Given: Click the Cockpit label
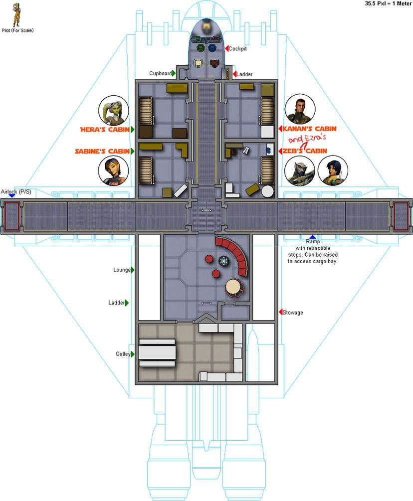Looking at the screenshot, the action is point(237,48).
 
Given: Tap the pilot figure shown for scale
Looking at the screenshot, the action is point(16,14).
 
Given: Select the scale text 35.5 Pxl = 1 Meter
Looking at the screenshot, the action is point(389,3).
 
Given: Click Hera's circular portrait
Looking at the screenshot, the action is point(114,111).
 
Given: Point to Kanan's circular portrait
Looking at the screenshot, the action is point(300,109).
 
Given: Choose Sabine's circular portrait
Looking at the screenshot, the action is point(114,170).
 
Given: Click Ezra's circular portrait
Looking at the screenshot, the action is point(333,171).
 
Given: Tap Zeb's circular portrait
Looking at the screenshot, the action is point(300,171).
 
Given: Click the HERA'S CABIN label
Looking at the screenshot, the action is point(105,130).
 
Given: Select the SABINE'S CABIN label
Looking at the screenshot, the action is point(102,151).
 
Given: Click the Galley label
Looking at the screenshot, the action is point(123,354).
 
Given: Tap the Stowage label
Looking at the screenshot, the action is point(293,313).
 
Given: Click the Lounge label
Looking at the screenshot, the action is point(122,270).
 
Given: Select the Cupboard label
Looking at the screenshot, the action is point(161,73).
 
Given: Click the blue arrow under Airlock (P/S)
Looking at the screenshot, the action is point(12,195).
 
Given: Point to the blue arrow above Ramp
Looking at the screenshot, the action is point(312,237).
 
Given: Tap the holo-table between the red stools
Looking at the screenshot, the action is point(224,261).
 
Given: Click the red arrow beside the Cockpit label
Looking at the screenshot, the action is point(226,48).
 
